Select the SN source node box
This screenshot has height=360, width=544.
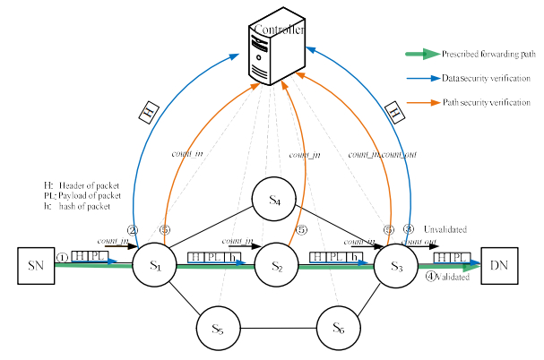coord(35,265)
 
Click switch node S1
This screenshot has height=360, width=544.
coord(156,266)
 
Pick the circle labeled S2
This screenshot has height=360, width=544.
coord(277,266)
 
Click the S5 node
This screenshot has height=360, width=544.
coord(218,329)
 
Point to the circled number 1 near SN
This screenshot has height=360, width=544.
coord(61,258)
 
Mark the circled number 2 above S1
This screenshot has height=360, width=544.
coord(133,229)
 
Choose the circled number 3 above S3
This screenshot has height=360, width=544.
coord(410,229)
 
